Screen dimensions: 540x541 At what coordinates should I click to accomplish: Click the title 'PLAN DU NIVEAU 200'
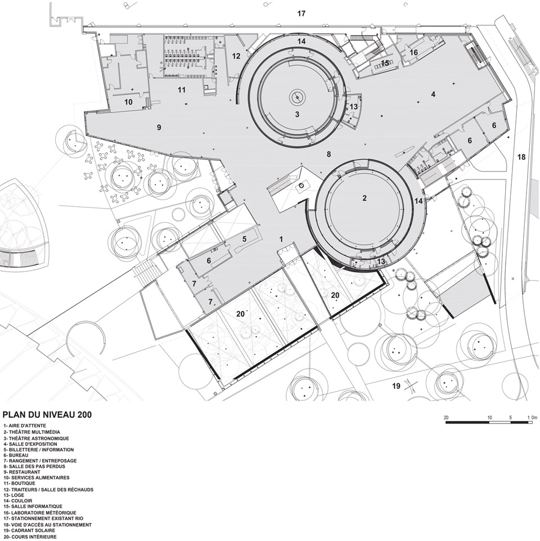point(47,414)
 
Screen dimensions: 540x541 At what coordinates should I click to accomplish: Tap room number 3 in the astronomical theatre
point(297,114)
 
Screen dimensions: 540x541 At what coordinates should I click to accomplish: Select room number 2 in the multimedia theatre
point(364,198)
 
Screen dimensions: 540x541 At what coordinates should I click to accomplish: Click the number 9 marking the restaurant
point(159,128)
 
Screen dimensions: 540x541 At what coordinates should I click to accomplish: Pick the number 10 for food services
point(128,102)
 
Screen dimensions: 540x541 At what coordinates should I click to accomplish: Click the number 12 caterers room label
point(236,56)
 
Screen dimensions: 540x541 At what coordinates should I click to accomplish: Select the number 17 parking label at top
point(301,13)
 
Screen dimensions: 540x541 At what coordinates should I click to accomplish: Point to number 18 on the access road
point(521,157)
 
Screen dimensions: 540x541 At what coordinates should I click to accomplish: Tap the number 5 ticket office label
point(244,238)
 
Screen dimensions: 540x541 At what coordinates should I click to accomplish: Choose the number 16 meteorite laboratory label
point(413,52)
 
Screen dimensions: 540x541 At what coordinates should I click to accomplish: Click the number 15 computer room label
point(385,63)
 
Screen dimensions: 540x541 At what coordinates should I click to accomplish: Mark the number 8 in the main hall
point(328,154)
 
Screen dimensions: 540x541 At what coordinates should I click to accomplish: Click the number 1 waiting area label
point(281,239)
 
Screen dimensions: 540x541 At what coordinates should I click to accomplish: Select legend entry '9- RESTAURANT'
point(22,472)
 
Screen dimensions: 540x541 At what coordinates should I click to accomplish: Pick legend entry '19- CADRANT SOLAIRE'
point(29,530)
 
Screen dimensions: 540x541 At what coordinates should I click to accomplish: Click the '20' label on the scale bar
point(446,417)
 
